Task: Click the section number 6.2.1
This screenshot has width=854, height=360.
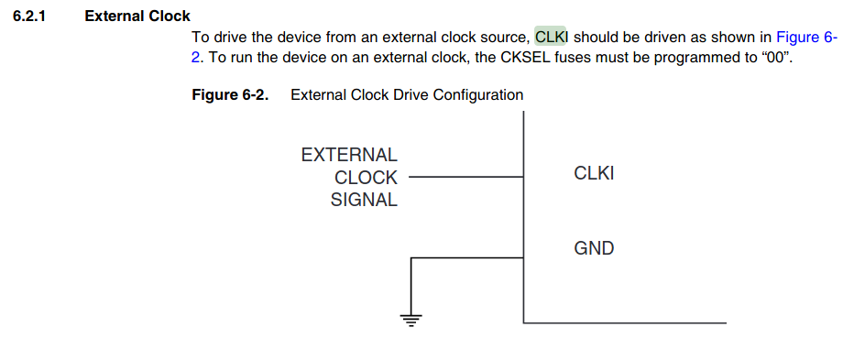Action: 30,16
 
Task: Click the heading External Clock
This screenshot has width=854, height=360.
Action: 137,16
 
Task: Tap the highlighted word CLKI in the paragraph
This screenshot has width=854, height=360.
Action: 551,37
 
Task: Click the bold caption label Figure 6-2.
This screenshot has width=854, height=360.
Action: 230,95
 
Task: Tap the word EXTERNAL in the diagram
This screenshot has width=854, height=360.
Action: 349,155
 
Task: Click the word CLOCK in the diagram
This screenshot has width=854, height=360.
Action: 366,178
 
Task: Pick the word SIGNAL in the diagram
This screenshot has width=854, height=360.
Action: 364,201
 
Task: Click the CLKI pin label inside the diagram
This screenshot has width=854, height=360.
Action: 594,174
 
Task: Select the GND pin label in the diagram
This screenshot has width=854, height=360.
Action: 594,248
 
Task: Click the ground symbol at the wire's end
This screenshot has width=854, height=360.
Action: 411,321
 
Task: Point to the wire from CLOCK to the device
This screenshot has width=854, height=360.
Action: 465,177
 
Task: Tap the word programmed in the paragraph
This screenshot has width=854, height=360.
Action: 697,58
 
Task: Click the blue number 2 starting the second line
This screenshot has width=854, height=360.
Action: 195,58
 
